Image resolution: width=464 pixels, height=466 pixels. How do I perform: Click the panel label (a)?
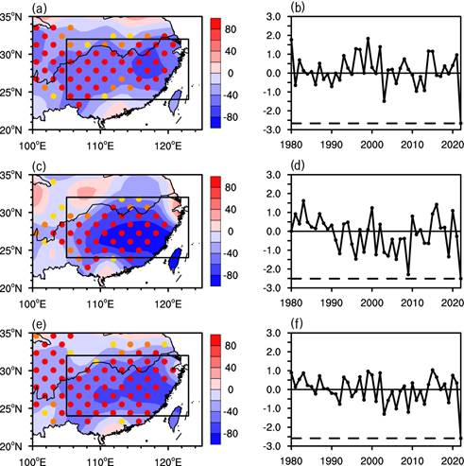[x=39, y=9]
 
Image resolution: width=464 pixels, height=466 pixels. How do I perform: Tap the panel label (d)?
[x=298, y=166]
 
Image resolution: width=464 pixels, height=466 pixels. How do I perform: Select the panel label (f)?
[x=297, y=324]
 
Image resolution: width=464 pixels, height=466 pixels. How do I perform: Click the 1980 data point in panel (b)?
[x=291, y=40]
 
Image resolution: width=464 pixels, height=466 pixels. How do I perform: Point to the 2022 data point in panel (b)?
[x=460, y=123]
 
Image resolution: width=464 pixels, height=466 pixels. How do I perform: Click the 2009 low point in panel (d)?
[x=408, y=274]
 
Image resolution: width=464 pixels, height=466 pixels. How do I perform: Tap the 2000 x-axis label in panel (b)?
[x=372, y=145]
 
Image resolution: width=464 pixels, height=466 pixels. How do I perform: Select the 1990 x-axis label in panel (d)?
[x=332, y=302]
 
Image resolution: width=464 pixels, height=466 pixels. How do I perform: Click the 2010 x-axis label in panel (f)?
[x=412, y=460]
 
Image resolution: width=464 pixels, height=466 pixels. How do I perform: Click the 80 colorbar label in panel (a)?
[x=232, y=29]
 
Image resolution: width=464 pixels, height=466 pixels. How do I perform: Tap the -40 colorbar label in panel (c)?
[x=231, y=253]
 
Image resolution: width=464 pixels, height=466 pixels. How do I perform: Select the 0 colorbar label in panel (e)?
[x=231, y=389]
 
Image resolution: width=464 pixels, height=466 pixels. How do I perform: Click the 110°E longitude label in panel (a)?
[x=100, y=146]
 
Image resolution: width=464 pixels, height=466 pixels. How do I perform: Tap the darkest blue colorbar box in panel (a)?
[x=215, y=122]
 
